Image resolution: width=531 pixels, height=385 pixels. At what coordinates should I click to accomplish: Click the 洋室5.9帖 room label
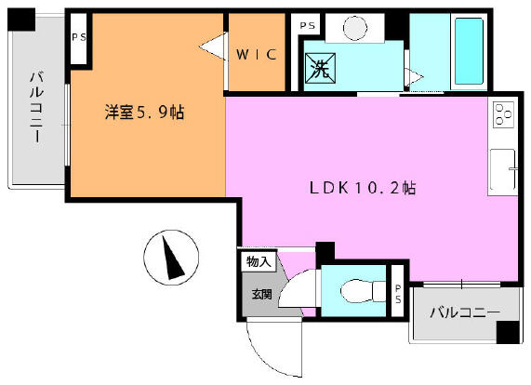[x=144, y=113]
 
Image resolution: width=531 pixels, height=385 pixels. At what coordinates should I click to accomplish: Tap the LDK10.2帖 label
[x=363, y=188]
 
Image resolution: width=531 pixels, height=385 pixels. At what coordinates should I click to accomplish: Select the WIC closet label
[x=257, y=55]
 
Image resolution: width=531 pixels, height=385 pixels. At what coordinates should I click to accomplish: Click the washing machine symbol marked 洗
[x=320, y=68]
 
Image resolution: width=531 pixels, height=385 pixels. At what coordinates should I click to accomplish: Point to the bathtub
[x=469, y=51]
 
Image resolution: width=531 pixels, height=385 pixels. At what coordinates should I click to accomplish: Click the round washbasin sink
[x=355, y=28]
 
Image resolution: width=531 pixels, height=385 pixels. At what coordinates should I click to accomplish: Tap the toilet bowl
[x=363, y=291]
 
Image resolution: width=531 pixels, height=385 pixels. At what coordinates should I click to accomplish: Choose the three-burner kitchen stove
[x=503, y=114]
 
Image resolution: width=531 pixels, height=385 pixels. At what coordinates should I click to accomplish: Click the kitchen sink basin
[x=503, y=169]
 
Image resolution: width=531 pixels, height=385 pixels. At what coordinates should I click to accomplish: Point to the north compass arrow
[x=173, y=258]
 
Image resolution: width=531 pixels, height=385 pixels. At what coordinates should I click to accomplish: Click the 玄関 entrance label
[x=261, y=294]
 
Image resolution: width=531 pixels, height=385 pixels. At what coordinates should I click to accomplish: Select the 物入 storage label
[x=259, y=261]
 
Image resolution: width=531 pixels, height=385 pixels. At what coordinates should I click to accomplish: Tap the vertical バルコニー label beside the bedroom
[x=37, y=107]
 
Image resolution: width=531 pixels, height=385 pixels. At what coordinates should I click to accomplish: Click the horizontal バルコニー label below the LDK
[x=465, y=312]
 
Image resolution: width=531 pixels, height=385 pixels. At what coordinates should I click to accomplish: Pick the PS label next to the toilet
[x=398, y=294]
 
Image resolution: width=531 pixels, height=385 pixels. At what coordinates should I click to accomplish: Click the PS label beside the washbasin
[x=308, y=26]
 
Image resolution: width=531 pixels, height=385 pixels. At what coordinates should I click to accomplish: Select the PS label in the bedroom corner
[x=79, y=37]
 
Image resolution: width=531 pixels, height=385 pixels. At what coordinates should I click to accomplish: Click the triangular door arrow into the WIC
[x=213, y=46]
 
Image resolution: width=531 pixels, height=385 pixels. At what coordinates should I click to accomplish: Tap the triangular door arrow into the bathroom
[x=415, y=77]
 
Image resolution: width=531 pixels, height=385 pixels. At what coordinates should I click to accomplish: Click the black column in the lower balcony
[x=508, y=332]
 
